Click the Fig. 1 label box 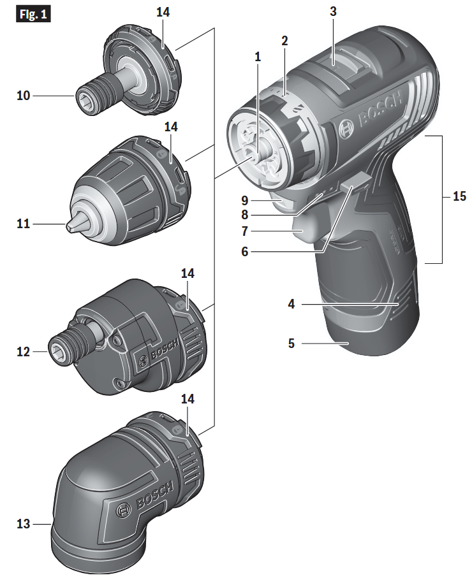pyautogui.click(x=33, y=13)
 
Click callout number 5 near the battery pyautogui.click(x=291, y=344)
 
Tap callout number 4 pyautogui.click(x=291, y=305)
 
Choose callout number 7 pyautogui.click(x=245, y=230)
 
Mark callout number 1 pyautogui.click(x=258, y=56)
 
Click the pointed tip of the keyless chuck pyautogui.click(x=68, y=226)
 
